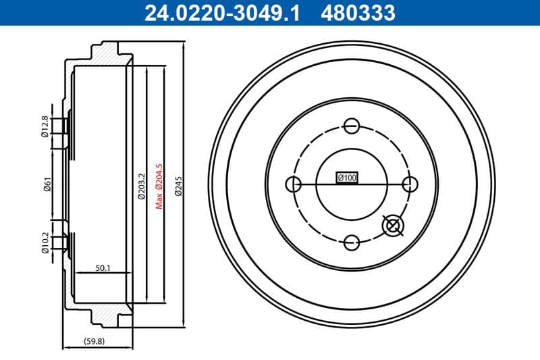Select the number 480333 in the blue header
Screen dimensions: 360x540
coord(359,12)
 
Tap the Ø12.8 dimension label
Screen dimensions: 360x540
coord(45,126)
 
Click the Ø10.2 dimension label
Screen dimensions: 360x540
coord(45,242)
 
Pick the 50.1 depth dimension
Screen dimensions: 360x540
coord(103,268)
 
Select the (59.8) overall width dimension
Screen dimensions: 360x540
coord(94,341)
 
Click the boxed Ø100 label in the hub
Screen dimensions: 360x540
coord(347,178)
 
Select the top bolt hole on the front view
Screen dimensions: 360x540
coord(351,126)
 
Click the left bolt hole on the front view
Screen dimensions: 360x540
coord(294,184)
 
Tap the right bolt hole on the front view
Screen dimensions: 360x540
coord(408,184)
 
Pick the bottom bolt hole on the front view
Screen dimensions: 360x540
coord(351,242)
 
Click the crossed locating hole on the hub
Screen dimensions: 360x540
coord(391,226)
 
